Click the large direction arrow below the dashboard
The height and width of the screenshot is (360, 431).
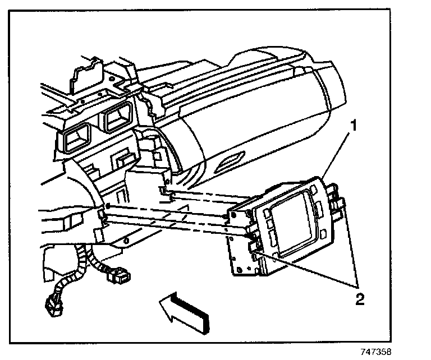pyautogui.click(x=182, y=312)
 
